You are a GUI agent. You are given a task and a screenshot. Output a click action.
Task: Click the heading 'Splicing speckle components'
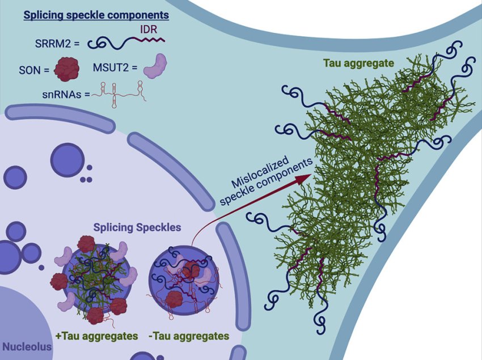88,15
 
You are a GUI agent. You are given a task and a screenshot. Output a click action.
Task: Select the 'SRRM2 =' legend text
54,43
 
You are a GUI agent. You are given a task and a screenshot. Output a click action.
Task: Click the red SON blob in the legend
66,69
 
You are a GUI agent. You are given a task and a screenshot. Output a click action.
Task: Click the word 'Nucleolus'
27,346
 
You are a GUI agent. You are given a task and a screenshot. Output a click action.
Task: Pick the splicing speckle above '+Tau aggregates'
96,278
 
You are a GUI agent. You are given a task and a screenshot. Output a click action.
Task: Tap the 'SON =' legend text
34,70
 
